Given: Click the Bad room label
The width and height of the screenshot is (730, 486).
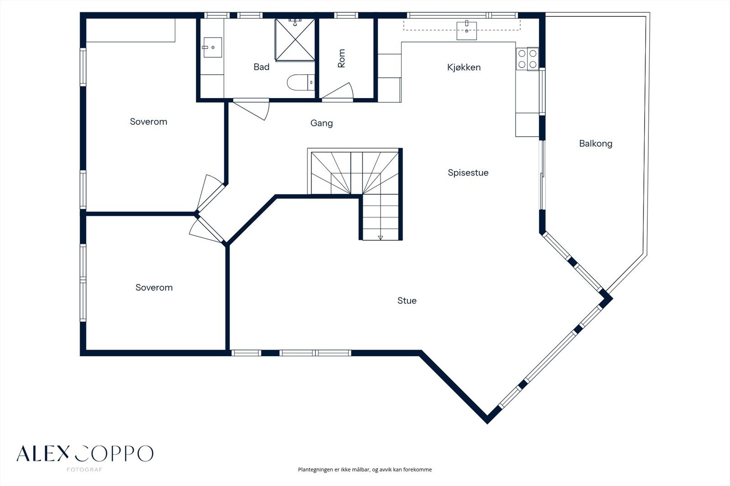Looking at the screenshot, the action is pyautogui.click(x=261, y=67).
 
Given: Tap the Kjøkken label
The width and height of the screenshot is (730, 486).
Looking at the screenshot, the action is pyautogui.click(x=464, y=67).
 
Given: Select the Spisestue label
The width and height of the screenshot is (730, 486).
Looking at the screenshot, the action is pyautogui.click(x=468, y=173).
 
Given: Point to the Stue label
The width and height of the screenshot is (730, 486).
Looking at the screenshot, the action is pyautogui.click(x=407, y=300).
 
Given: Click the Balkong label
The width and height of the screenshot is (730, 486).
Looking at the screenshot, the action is pyautogui.click(x=596, y=144).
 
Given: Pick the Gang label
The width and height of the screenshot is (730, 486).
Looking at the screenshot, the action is pyautogui.click(x=321, y=123).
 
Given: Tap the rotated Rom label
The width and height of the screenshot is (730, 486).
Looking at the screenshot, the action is pyautogui.click(x=341, y=58).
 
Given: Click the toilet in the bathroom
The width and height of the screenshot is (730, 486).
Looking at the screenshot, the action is pyautogui.click(x=301, y=83).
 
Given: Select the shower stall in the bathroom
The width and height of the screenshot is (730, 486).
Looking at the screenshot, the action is pyautogui.click(x=295, y=40).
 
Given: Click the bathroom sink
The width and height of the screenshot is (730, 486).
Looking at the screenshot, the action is pyautogui.click(x=213, y=47).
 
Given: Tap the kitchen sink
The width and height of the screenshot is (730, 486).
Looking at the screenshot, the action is pyautogui.click(x=467, y=30).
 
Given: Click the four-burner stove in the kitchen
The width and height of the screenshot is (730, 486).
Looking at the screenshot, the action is pyautogui.click(x=527, y=59).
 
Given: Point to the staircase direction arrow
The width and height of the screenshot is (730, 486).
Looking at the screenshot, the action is pyautogui.click(x=381, y=238).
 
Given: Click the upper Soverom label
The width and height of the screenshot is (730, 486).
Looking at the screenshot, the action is pyautogui.click(x=148, y=121).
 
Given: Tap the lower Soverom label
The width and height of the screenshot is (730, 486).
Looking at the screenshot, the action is pyautogui.click(x=154, y=287).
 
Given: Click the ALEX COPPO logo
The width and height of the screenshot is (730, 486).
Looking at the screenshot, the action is pyautogui.click(x=85, y=454).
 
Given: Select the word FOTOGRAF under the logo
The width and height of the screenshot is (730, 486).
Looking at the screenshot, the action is pyautogui.click(x=84, y=470).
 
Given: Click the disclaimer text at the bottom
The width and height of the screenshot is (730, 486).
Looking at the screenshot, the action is pyautogui.click(x=365, y=470).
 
